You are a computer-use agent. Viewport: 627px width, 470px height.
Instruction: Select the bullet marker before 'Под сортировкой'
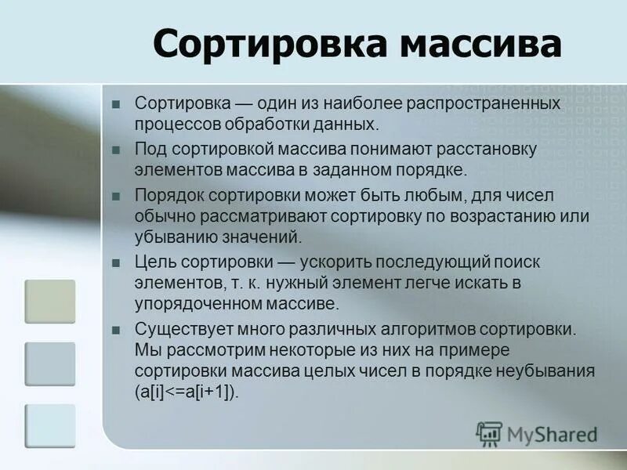pos(116,150)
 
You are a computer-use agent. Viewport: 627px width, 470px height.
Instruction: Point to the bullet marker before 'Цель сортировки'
pos(116,262)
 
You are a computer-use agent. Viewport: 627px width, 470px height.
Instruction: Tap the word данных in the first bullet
pos(351,124)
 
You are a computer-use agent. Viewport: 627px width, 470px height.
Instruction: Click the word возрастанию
pos(501,215)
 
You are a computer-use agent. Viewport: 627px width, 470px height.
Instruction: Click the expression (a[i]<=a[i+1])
pos(187,392)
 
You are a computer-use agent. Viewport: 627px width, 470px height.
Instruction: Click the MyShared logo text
pos(549,433)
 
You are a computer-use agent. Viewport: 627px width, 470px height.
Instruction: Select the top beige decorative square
pos(50,302)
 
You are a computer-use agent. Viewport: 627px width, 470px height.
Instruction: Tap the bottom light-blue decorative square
pos(50,425)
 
